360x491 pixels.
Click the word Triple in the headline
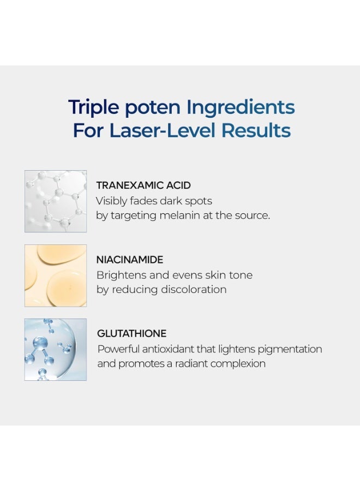pos(94,107)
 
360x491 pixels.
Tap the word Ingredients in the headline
pos(241,107)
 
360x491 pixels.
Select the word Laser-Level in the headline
pos(163,130)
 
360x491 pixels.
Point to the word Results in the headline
pos(256,130)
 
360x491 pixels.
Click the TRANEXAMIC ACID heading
pos(143,185)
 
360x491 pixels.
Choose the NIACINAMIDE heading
pos(130,260)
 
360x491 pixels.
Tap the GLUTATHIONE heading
pos(132,333)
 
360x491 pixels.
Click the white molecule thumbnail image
pos(56,201)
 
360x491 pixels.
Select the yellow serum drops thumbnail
pos(56,276)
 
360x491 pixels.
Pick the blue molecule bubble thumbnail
pos(56,350)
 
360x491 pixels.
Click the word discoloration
pos(194,289)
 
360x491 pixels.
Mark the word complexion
pos(238,364)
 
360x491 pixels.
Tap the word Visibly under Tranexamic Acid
pos(111,201)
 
